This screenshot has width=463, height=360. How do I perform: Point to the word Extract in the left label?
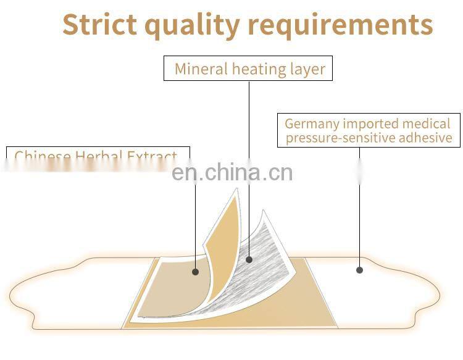coord(152,156)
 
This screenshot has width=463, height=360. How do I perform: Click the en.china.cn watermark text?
coord(232,172)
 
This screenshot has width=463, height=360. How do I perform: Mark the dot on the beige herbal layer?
coord(195,272)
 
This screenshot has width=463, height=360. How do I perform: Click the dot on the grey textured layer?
coord(249,259)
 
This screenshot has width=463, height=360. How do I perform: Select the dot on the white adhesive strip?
coord(359,269)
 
